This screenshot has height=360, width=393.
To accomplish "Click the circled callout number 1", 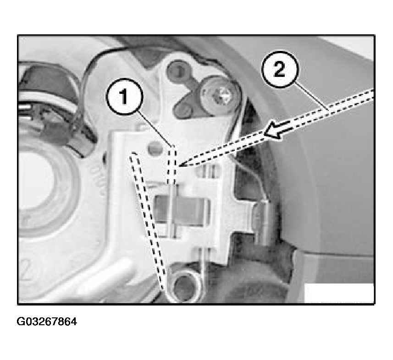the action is [125, 97].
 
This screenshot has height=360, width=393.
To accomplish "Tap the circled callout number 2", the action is [280, 69].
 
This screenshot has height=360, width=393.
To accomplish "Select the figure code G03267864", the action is [47, 322].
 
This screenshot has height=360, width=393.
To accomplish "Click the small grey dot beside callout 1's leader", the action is [154, 148].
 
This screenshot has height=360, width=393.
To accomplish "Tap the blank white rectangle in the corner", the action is [338, 293].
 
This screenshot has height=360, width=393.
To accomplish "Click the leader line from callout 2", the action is [311, 96].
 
